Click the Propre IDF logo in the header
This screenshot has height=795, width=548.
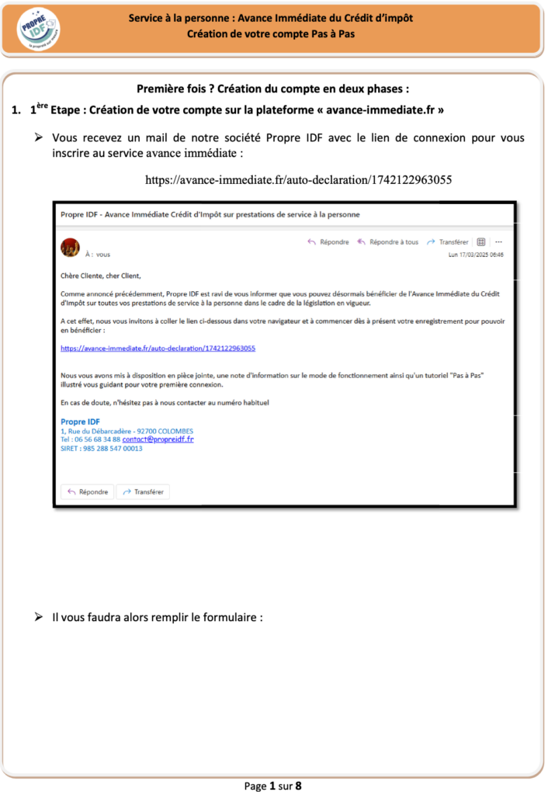38,30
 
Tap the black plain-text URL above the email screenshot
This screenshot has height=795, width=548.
299,179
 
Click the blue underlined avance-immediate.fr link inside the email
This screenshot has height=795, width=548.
158,349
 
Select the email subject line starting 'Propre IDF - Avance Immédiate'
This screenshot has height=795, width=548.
210,214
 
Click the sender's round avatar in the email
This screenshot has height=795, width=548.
70,247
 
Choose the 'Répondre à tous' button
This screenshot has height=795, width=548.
387,242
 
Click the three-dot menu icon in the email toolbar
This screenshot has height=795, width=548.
498,242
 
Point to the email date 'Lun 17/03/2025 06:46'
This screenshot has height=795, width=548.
476,255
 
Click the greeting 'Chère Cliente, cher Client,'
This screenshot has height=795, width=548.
101,275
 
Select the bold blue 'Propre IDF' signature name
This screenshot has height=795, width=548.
80,422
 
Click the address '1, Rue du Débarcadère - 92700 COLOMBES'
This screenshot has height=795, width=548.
127,431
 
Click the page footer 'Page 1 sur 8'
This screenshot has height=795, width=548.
273,786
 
